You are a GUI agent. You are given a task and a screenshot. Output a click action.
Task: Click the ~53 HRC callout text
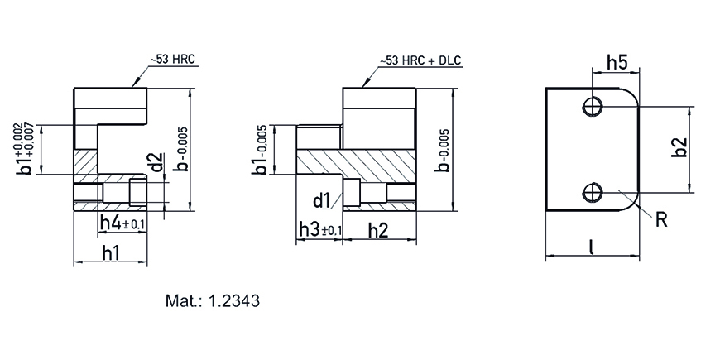[172, 60]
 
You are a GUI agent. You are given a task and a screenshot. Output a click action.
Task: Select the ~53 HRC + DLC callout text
[420, 60]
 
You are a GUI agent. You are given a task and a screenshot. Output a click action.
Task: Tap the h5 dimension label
[617, 63]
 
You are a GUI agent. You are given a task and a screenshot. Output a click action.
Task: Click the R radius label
[661, 220]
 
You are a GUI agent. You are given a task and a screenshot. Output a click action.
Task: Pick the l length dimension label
[593, 247]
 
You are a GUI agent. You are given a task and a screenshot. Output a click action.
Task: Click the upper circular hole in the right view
[593, 108]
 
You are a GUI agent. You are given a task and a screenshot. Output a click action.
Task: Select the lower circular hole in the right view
[593, 192]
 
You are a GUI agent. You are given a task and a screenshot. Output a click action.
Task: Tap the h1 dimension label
[111, 253]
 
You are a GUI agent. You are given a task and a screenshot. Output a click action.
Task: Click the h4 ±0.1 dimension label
[122, 223]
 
